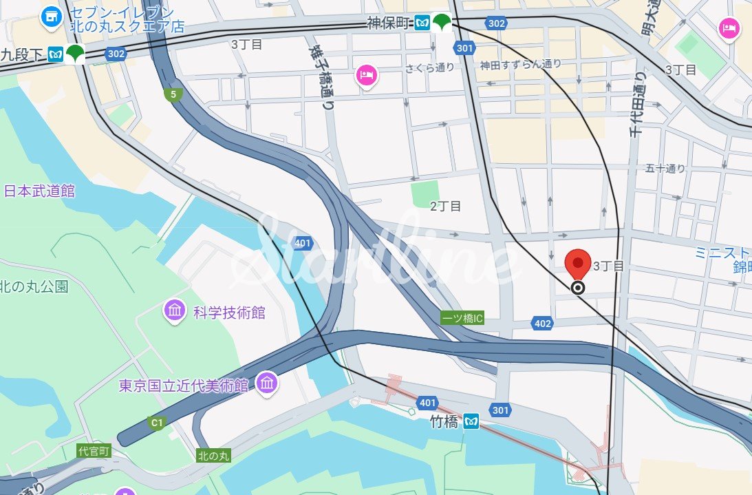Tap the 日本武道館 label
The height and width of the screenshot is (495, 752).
39,191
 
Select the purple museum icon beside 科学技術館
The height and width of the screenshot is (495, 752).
175,310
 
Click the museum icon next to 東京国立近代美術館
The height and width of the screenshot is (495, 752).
266,383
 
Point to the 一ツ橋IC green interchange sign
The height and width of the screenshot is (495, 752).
462,318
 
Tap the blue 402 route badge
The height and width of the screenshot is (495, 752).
542,323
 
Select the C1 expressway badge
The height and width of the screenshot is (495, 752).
158,421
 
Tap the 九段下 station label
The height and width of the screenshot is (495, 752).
23,53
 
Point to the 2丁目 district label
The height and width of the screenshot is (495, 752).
445,206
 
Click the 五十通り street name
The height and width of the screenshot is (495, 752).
665,168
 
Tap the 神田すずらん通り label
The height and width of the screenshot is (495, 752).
521,65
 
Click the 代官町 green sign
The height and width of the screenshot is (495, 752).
94,451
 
